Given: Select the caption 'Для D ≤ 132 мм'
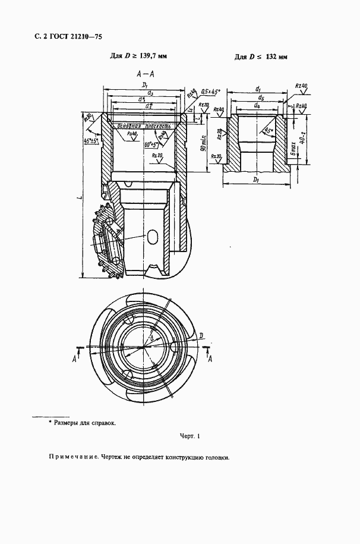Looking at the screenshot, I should click(x=261, y=57).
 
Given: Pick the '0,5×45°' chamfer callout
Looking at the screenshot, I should click(x=210, y=92).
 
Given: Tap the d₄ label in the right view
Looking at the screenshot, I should click(x=256, y=106).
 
